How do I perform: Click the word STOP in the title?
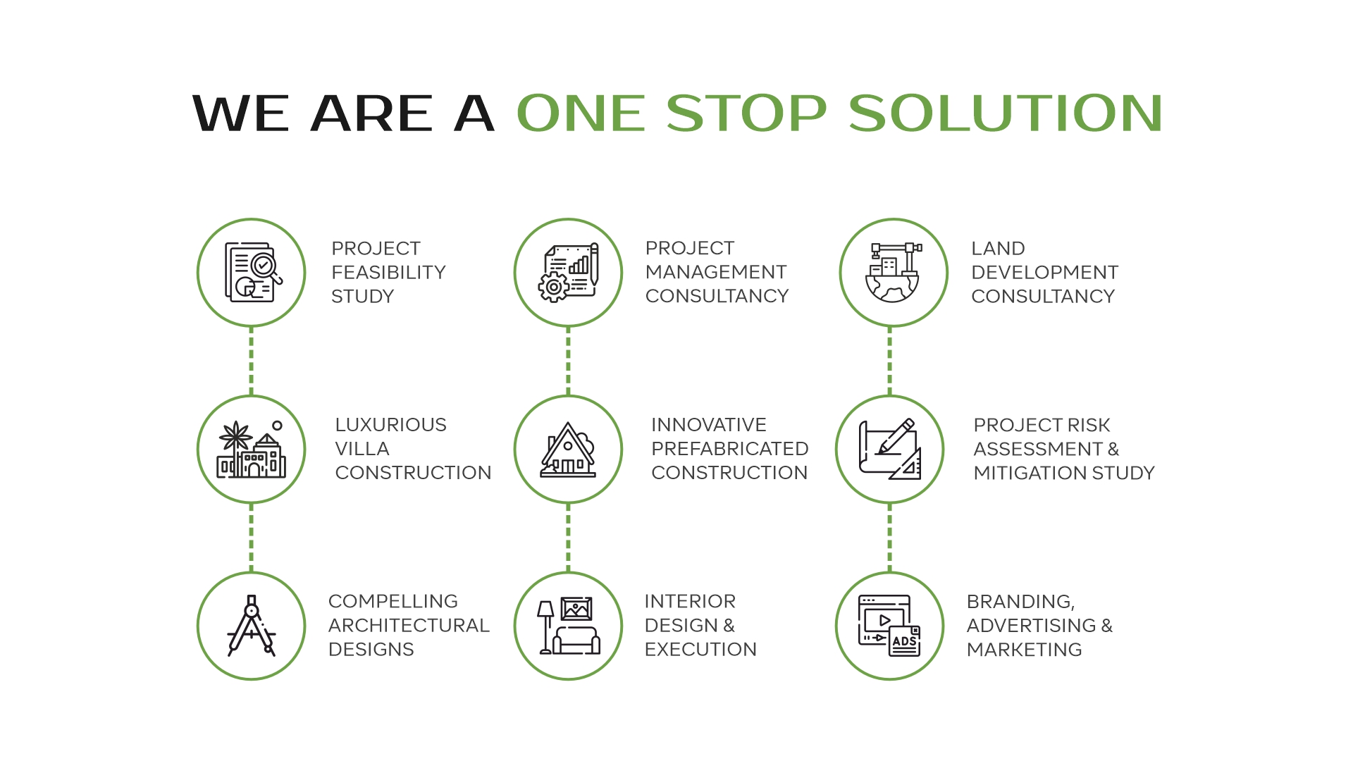tap(746, 113)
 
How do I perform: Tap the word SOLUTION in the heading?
tap(1006, 113)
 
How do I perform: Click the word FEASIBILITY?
tap(388, 272)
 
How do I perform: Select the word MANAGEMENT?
tap(716, 272)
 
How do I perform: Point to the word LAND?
tap(998, 249)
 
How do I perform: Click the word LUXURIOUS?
tap(390, 425)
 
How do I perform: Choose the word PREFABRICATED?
tap(730, 449)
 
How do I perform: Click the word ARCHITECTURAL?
tap(409, 625)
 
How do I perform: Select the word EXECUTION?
tap(700, 649)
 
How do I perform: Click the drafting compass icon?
tap(252, 626)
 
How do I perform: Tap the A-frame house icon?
tap(568, 450)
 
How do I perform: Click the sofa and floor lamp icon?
tap(568, 626)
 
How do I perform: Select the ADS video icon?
tap(889, 626)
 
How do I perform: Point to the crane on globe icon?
tap(893, 273)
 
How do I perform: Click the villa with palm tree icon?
tap(251, 450)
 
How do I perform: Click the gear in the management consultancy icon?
tap(554, 287)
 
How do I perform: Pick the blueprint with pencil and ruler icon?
tap(890, 450)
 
